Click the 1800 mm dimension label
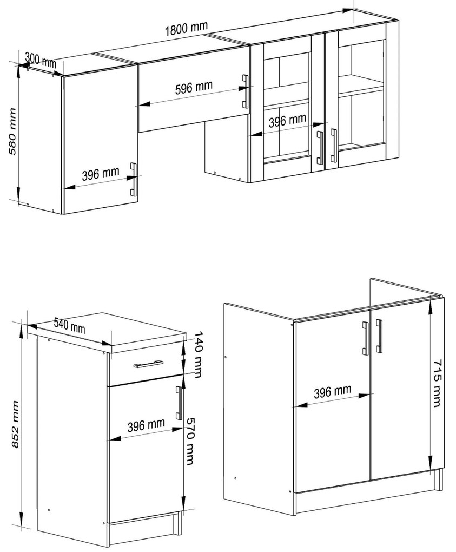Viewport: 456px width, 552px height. [x=187, y=28]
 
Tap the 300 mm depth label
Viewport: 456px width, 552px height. [x=41, y=60]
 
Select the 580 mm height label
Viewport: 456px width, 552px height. [x=12, y=132]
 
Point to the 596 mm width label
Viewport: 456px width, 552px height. [x=194, y=88]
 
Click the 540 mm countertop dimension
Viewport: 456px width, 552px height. [x=70, y=326]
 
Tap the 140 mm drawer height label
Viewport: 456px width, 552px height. [x=199, y=354]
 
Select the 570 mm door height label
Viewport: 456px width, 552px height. [x=190, y=441]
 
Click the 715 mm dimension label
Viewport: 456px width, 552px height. [x=437, y=383]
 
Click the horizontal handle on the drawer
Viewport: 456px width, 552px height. [x=148, y=364]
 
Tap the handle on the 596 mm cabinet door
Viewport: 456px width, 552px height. [x=245, y=91]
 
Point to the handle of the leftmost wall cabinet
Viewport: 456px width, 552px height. [x=134, y=179]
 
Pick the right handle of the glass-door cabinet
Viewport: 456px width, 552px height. [x=333, y=146]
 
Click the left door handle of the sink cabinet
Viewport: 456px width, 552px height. [x=366, y=338]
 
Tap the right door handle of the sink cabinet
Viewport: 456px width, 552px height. [x=379, y=336]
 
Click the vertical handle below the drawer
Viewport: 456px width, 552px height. [x=180, y=403]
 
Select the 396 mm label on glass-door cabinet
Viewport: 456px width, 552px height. [x=287, y=120]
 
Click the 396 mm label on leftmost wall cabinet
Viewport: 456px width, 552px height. [x=101, y=174]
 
